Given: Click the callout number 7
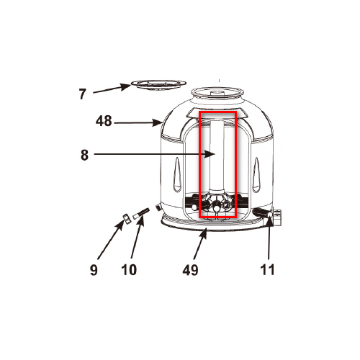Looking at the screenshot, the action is coord(82,94).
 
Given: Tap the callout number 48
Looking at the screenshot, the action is coord(104,121).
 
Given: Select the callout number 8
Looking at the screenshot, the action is coord(84,155).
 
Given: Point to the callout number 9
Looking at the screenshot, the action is coord(94,270).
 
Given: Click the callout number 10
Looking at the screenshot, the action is coord(129,270).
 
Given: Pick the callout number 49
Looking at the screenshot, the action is coord(191,270).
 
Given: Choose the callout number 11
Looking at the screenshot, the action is coord(267,270).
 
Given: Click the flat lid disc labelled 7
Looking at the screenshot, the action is coord(158,85).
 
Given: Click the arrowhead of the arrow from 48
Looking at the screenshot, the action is coord(158,123).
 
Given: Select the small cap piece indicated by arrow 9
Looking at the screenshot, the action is coord(126,218).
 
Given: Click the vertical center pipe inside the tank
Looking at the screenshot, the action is coord(217,156).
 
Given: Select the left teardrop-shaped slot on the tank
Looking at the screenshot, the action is coord(177,174).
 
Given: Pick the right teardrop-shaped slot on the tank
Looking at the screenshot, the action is coord(256,174).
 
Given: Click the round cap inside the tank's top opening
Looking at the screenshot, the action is coord(217,93).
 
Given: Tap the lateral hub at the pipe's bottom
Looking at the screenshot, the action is coord(217,204).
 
